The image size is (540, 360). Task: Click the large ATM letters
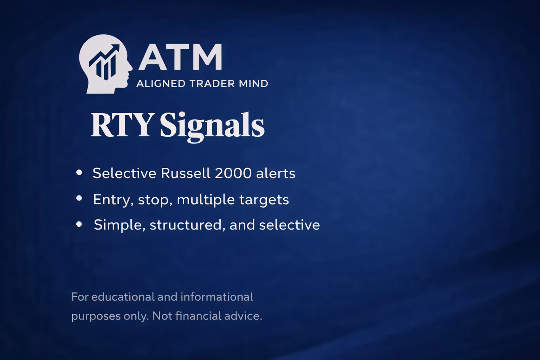180,57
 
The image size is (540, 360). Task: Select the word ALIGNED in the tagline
161,84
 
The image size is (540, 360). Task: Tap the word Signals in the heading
212,126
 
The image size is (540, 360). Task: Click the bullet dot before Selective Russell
79,173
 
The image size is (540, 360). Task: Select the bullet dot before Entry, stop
79,199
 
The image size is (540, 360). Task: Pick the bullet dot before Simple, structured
79,224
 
